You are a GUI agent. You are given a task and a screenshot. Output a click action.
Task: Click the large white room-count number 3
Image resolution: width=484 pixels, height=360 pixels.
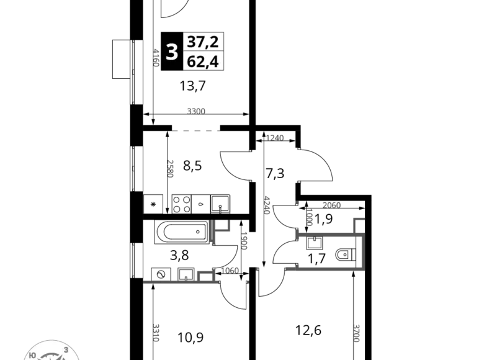[x=171, y=52]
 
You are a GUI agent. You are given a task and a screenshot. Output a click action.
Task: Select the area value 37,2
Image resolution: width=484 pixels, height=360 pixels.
[x=202, y=42]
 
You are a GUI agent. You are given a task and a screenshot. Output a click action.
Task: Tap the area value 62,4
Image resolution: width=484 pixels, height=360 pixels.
[x=202, y=61]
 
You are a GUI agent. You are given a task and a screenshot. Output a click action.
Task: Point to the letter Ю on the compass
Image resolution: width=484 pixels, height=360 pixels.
[x=32, y=355]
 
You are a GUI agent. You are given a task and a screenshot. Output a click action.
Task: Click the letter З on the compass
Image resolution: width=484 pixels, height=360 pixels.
[x=66, y=350]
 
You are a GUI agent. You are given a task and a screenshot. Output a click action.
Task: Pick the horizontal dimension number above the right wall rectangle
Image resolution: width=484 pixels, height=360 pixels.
[x=333, y=204]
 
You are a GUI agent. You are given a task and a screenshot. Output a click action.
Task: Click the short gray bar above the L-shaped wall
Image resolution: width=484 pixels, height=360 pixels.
[x=195, y=132]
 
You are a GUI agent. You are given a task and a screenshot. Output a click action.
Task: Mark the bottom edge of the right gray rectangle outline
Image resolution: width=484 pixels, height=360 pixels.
[x=323, y=269]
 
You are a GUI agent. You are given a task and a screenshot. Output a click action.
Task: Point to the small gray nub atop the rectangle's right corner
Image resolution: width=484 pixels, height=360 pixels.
[x=358, y=218]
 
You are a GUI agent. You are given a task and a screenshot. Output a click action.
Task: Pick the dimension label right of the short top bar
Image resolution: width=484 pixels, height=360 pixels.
[x=277, y=137]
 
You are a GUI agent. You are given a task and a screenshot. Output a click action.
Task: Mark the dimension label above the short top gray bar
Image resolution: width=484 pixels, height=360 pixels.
[x=195, y=111]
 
